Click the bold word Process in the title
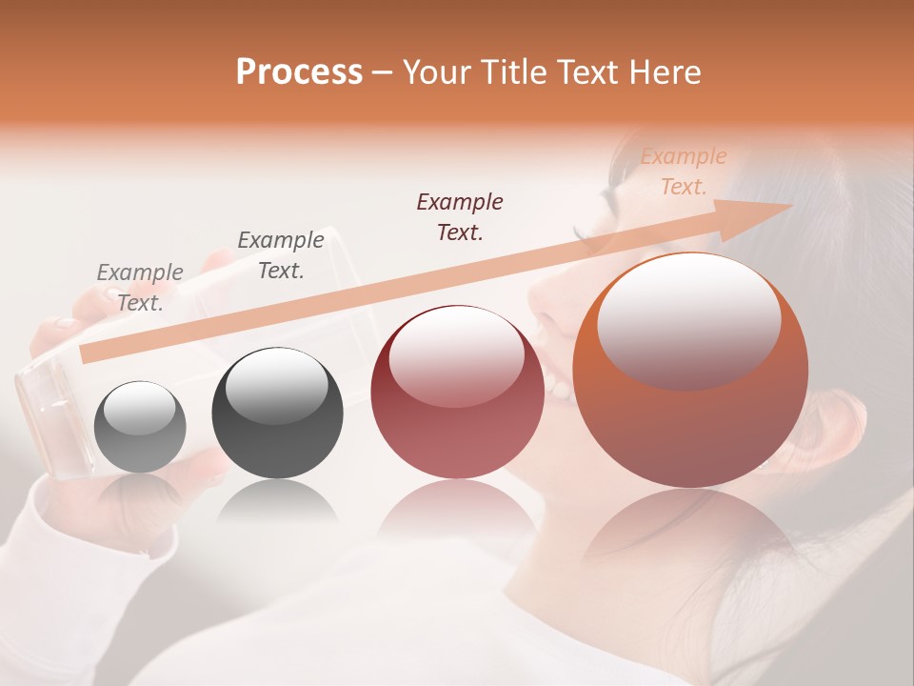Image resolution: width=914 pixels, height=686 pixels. click(299, 72)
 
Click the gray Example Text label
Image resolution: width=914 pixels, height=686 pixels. click(140, 287)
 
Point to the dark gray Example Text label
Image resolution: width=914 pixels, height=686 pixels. click(280, 255)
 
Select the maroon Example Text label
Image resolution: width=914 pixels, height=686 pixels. click(460, 216)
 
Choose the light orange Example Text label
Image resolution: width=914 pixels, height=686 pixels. click(684, 171)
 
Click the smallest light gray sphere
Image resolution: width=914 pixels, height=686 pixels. click(141, 427)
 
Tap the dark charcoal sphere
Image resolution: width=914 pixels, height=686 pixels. click(277, 414)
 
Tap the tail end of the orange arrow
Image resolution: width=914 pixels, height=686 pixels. click(88, 353)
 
